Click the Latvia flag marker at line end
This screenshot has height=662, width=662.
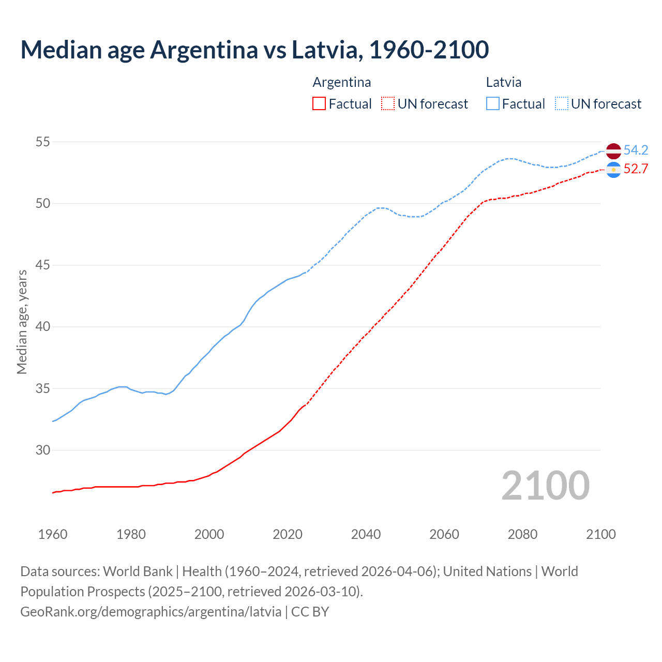point(613,151)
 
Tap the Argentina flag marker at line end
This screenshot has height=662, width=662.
point(613,170)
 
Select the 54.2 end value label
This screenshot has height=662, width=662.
point(636,151)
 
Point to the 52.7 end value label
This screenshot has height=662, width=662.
point(636,169)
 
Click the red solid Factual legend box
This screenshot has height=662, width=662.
point(319,104)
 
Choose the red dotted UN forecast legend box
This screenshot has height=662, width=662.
point(388,104)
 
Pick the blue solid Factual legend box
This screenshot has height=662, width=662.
point(493,104)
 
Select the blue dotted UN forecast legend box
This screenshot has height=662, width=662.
point(561,104)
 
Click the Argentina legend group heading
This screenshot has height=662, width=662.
point(342,82)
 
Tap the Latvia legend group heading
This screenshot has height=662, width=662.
point(503,82)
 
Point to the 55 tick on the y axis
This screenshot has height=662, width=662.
point(43,142)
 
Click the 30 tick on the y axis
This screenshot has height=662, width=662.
point(43,450)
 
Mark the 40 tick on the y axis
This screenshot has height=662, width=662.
point(43,327)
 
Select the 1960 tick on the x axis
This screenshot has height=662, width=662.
point(53,534)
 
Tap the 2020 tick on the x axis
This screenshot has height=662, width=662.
point(288,534)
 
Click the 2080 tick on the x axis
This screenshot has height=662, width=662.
point(522,534)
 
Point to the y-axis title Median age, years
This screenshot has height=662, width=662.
point(22,322)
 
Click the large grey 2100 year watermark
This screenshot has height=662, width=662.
point(546,486)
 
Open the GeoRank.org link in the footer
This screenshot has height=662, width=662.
point(151,612)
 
